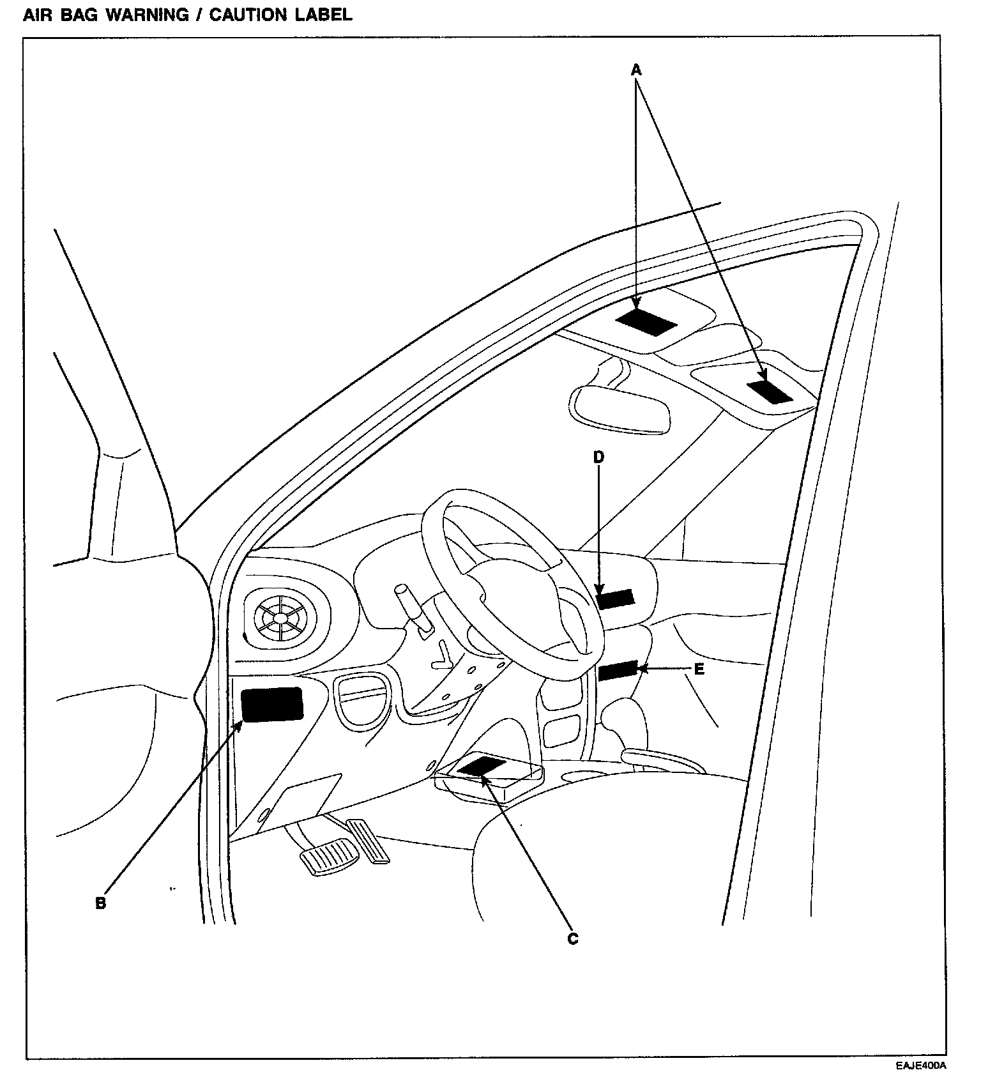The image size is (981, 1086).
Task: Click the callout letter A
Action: (x=635, y=70)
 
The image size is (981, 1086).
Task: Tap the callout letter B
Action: (x=100, y=903)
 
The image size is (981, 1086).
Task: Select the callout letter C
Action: (x=572, y=938)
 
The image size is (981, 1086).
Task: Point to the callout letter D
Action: (x=598, y=457)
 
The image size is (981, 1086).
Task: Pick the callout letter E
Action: (x=699, y=669)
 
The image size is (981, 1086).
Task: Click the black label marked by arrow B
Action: (x=271, y=705)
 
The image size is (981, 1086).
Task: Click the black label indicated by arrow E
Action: (x=618, y=670)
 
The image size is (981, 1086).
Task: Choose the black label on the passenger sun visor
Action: (x=770, y=391)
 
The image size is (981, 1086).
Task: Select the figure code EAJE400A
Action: (x=920, y=1066)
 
